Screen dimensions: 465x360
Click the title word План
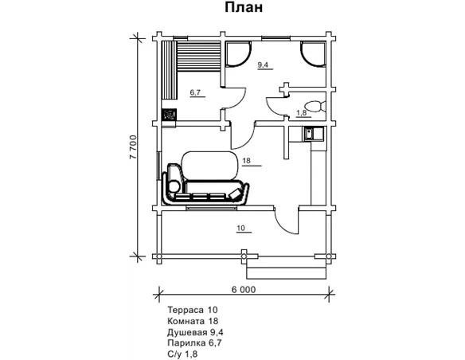tap(244, 7)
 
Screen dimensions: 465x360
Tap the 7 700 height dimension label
tap(133, 147)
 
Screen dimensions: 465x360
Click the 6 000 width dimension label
tap(243, 289)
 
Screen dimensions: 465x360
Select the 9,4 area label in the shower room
tap(263, 65)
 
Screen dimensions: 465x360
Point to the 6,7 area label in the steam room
tap(195, 92)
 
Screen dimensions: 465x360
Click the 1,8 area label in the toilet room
tap(301, 112)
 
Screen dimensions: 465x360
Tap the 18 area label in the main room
tap(247, 161)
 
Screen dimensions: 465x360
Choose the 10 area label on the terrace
tap(241, 228)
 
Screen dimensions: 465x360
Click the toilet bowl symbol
tap(315, 107)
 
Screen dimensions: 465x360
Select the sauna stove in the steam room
tap(169, 115)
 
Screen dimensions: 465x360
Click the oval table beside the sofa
tap(210, 166)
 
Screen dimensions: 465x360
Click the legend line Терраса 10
tap(193, 310)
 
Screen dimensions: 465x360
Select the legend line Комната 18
tap(193, 321)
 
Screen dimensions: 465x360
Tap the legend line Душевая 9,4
tap(195, 332)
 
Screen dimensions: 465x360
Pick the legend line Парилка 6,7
tap(194, 343)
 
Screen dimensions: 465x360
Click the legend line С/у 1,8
tap(182, 354)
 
